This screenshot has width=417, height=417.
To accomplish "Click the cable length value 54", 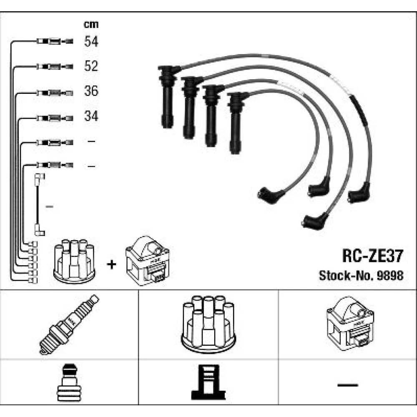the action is point(91,41).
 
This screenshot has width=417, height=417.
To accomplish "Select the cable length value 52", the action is point(91,66).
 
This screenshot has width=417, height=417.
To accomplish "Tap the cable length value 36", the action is point(91,90).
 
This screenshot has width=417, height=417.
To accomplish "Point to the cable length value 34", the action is point(91,116).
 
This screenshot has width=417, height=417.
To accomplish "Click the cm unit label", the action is point(91,25).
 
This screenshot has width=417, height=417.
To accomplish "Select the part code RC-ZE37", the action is point(372,256).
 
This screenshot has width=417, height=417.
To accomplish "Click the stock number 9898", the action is point(390,276).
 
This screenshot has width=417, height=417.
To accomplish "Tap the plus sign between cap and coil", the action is point(111,264).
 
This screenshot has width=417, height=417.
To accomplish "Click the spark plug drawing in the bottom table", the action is point(69,324).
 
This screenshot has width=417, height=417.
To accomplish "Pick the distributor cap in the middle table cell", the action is point(208,324).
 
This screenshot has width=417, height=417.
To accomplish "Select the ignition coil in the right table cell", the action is point(350,324).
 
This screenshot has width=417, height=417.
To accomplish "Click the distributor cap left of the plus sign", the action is point(75,261).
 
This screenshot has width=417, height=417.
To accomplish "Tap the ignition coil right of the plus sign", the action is point(148,261).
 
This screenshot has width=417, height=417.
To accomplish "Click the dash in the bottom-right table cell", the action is point(348,385).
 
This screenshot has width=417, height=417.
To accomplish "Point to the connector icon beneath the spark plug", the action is point(68,382).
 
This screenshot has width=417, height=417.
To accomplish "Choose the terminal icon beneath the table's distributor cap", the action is point(208,382).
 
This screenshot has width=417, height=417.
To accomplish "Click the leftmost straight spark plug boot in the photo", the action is point(168,97).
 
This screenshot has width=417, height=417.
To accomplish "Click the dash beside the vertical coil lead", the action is point(50,206).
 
